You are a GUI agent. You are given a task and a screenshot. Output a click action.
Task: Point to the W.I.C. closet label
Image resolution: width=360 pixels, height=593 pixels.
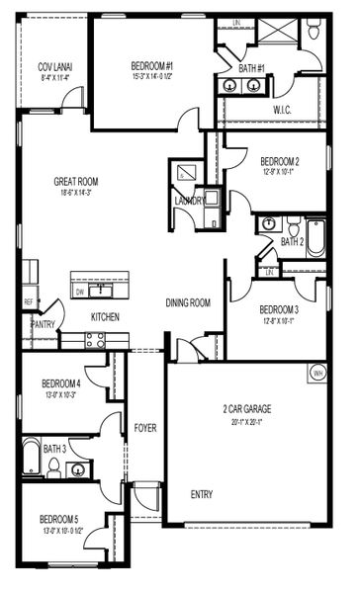tap(281, 109)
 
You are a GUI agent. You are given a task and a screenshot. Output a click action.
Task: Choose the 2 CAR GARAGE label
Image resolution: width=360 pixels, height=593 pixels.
tap(246, 408)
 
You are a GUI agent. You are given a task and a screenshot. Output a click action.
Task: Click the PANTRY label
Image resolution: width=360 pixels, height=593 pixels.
tap(42, 323)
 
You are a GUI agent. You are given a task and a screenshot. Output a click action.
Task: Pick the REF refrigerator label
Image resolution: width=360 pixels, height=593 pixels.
tap(29, 302)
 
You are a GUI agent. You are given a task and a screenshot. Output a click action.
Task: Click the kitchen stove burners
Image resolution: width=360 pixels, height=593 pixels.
tap(95, 339)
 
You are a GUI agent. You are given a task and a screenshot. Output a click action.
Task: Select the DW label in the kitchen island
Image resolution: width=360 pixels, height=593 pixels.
tap(79, 292)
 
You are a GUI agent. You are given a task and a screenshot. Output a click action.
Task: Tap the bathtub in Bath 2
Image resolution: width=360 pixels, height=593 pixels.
tap(315, 238)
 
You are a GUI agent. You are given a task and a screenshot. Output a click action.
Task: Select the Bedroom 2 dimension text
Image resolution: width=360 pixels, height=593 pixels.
tap(279, 172)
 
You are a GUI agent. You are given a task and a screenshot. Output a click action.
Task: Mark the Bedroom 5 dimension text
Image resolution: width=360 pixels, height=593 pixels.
tap(59, 530)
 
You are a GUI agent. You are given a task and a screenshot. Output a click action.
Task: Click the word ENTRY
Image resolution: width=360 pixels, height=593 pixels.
tap(201, 494)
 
